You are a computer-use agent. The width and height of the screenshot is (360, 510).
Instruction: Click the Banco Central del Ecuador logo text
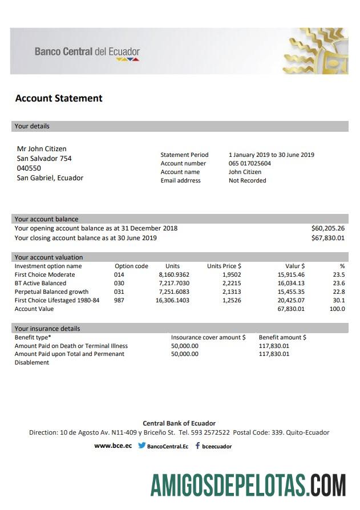click(x=87, y=52)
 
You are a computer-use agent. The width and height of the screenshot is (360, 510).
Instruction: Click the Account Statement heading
click(x=59, y=98)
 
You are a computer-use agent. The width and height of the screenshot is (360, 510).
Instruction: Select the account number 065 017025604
click(x=250, y=163)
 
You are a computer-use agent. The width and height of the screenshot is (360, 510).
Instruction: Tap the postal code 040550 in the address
click(x=29, y=168)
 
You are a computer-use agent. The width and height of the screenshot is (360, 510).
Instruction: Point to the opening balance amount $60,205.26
click(x=328, y=228)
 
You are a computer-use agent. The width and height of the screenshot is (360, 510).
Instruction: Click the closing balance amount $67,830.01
click(x=328, y=238)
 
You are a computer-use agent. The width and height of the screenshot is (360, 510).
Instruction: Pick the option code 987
click(x=119, y=300)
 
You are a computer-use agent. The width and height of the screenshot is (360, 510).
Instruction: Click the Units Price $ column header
click(x=224, y=266)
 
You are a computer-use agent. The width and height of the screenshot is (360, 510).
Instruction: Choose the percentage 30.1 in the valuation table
click(x=339, y=300)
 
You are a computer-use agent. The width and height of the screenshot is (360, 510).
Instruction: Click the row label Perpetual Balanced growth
click(x=51, y=292)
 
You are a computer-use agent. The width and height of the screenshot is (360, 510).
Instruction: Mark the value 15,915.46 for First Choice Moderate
click(x=291, y=274)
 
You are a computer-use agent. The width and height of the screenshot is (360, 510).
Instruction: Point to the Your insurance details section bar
click(x=180, y=329)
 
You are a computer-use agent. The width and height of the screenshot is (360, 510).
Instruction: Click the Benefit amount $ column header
click(x=282, y=337)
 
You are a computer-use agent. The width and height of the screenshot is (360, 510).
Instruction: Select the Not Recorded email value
click(x=247, y=180)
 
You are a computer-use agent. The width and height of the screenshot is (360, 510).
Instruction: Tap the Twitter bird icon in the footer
click(x=141, y=446)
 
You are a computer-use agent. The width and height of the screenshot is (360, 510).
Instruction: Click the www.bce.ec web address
click(x=113, y=446)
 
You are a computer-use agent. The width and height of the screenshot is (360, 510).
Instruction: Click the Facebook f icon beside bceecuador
click(x=197, y=446)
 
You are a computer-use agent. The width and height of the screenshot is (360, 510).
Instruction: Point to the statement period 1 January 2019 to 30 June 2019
click(x=271, y=155)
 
